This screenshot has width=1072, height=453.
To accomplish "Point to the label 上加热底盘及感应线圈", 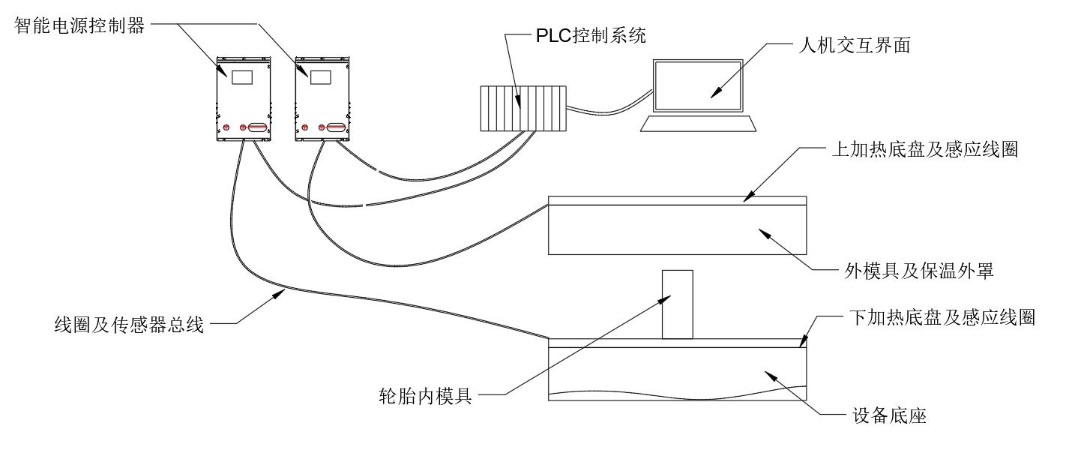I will (925, 148).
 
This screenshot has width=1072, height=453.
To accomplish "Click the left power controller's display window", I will (241, 76).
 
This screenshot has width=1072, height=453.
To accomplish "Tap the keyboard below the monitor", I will (697, 124).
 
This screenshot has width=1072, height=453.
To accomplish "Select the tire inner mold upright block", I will (677, 304).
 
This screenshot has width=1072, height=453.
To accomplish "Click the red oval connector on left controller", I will (257, 128).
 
